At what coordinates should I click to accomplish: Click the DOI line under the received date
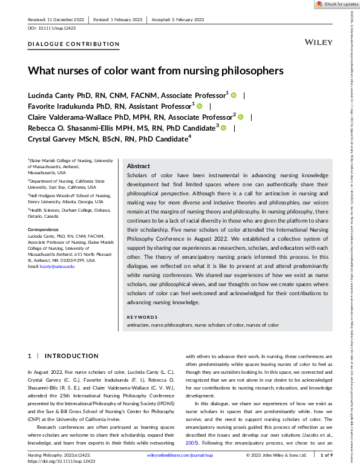pos(52,28)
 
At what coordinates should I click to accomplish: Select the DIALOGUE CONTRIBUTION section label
pos(74,44)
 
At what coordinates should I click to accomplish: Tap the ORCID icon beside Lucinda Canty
pos(234,94)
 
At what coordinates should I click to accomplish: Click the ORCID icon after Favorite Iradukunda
pos(199,105)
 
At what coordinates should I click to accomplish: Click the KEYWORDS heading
pos(142,317)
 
